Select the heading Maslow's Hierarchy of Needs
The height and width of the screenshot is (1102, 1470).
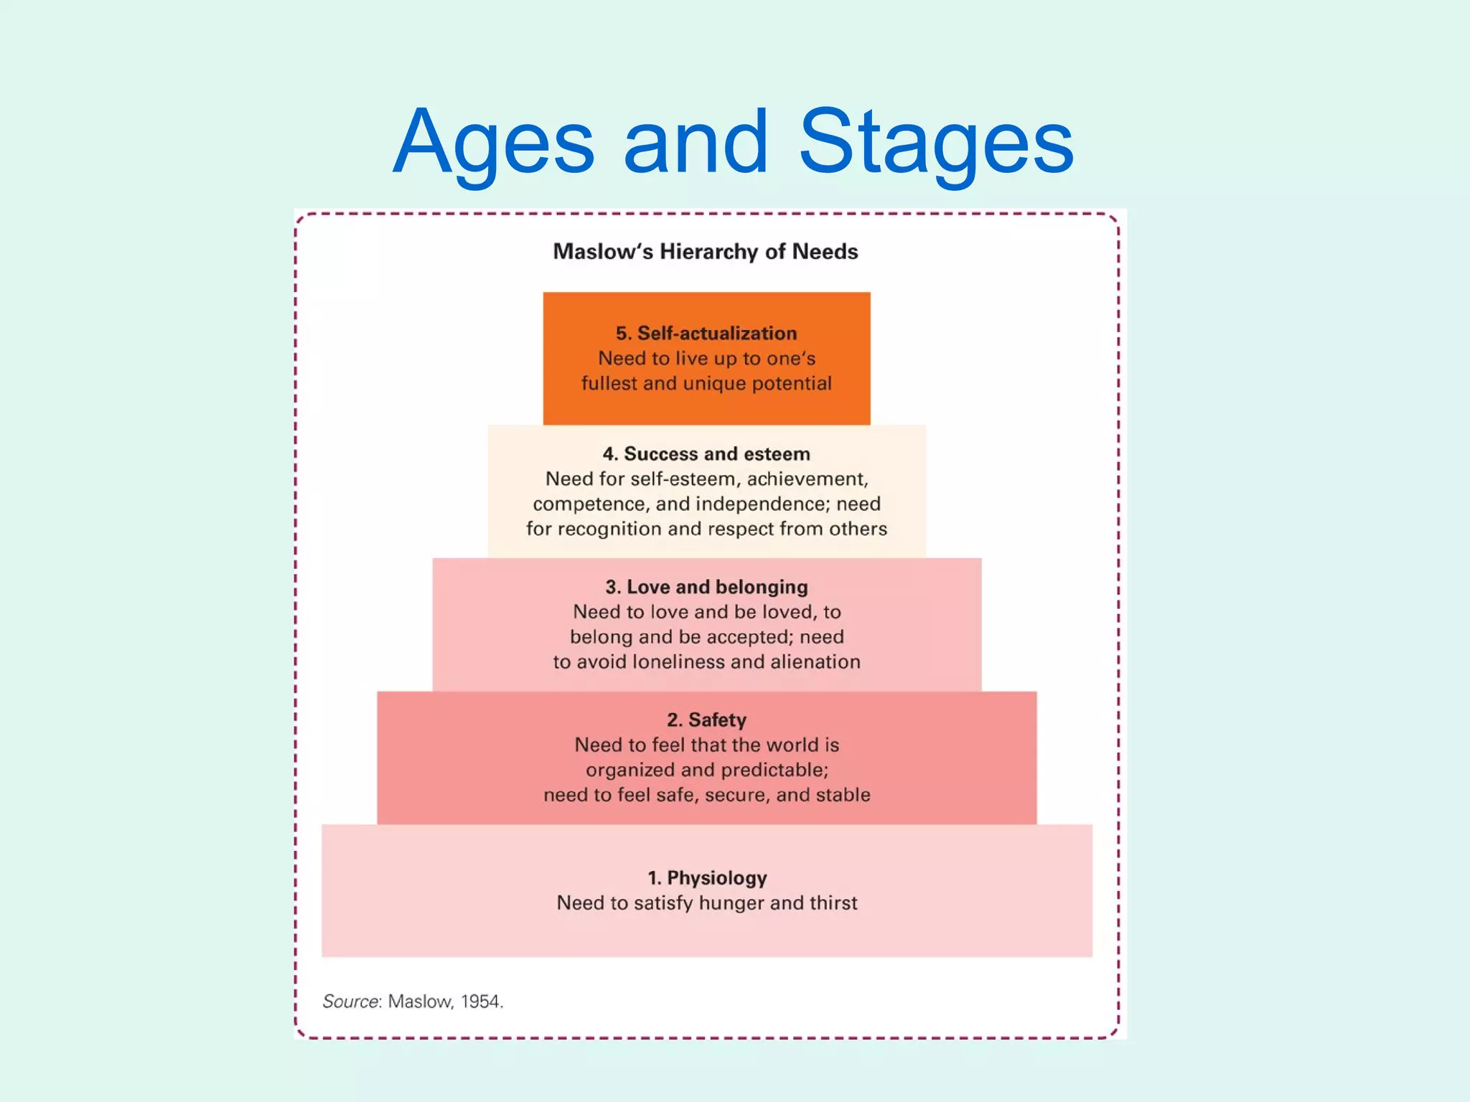point(706,252)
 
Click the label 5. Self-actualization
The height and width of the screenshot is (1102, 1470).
point(706,333)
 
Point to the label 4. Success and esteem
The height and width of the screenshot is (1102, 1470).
point(706,453)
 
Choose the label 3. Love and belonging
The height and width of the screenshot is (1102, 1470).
point(706,587)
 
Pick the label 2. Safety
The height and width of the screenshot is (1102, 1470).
point(706,720)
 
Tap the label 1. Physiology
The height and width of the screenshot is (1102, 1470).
point(707,877)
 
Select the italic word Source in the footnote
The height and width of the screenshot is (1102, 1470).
point(350,1001)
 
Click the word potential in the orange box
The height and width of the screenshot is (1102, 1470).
point(792,384)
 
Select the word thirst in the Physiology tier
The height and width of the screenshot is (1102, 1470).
point(833,903)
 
